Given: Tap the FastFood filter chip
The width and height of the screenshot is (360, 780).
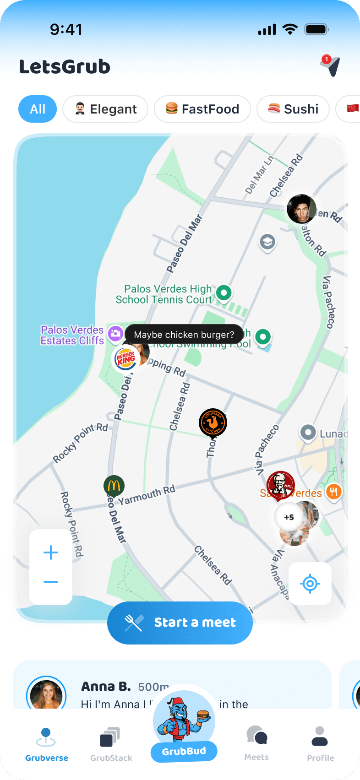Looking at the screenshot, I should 202,109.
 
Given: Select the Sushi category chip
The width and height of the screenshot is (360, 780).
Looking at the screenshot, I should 293,109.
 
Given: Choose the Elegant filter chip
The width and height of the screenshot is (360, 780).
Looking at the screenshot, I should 105,109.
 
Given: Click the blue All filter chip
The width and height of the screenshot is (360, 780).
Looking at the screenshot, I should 38,109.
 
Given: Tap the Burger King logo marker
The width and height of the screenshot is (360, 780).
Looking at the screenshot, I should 125,358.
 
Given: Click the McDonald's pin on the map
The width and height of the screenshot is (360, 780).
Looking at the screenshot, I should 114,486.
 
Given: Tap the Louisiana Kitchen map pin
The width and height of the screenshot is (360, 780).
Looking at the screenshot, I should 213,422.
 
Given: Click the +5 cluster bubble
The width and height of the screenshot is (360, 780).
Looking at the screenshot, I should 289,517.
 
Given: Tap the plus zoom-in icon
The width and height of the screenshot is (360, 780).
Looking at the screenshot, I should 51,552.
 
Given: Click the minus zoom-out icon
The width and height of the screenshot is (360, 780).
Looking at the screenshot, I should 51,582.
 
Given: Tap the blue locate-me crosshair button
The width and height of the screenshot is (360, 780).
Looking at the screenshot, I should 310,584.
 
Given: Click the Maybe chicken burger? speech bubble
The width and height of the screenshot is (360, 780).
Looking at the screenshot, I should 184,335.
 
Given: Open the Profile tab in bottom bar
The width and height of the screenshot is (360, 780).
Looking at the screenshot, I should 320,744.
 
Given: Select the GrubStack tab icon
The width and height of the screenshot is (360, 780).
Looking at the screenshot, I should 111,744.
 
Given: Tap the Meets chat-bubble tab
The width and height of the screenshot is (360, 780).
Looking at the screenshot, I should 256,743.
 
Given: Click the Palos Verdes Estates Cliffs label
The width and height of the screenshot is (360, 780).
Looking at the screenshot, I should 72,335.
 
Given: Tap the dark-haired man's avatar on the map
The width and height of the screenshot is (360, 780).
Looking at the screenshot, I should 301,209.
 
